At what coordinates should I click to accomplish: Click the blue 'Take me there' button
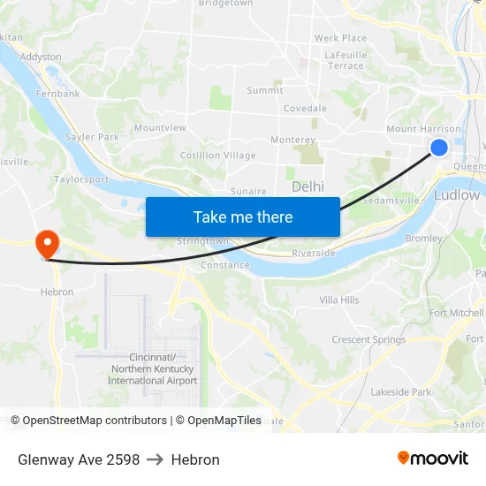point(243,216)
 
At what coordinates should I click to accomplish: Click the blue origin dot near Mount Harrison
point(439,148)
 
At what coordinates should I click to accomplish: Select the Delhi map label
point(308,186)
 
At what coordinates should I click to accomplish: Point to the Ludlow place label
point(457,194)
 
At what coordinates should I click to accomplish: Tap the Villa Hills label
point(339,300)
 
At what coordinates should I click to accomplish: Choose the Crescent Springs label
point(368,339)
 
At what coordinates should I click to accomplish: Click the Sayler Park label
point(92,137)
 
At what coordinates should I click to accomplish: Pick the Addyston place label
point(41,57)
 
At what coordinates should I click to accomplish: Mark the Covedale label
point(305,109)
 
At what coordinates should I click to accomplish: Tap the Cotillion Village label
point(218,156)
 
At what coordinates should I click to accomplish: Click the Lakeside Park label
point(401,391)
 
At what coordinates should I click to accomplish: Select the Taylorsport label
point(81,178)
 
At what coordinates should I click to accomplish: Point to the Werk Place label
point(341,38)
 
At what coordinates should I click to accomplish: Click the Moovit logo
point(432,459)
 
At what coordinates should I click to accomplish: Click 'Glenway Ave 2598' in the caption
point(79,459)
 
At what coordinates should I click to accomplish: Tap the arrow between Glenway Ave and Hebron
point(156,459)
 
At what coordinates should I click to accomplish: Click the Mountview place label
point(160,128)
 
